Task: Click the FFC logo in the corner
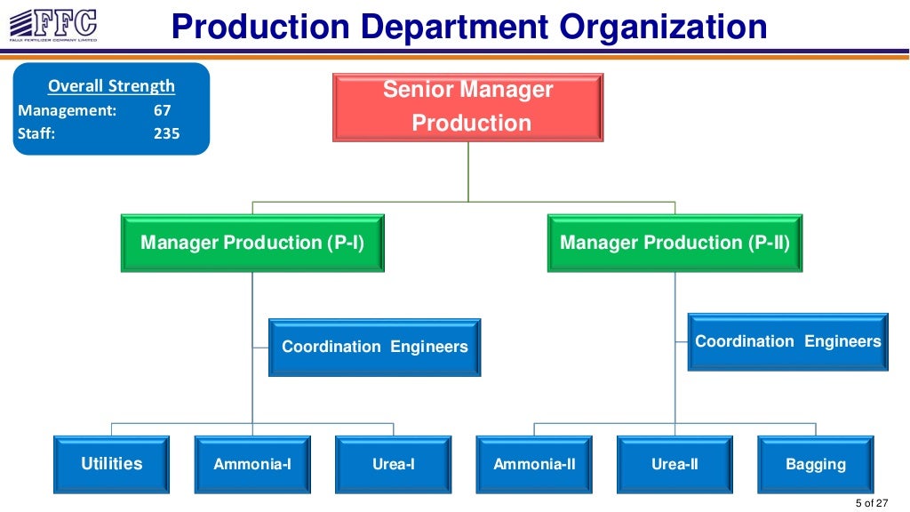coord(52,24)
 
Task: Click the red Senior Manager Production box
coord(468,107)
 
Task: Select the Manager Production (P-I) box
coord(252,243)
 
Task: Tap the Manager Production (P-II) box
coord(675,243)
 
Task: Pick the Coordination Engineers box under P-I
coord(374,347)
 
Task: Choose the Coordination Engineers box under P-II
coord(787,341)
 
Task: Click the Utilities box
coord(111,464)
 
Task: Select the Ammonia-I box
coord(252,464)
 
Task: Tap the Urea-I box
coord(393,464)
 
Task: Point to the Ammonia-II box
coord(534,464)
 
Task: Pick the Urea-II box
coord(675,464)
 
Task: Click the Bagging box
coord(815,464)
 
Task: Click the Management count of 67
coord(162,111)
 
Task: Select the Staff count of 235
coord(166,133)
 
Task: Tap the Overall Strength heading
coord(111,86)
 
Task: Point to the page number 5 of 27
coord(871,503)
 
